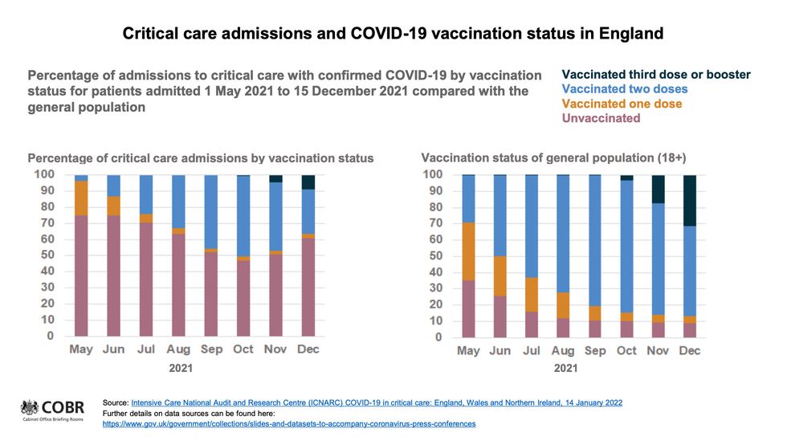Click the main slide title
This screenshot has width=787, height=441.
(x=393, y=34)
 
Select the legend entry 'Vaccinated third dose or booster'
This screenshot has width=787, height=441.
(x=656, y=75)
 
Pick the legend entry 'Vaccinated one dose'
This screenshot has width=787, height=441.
(x=622, y=104)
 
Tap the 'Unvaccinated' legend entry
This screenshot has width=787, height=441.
(x=601, y=118)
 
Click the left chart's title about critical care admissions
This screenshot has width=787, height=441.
(x=201, y=158)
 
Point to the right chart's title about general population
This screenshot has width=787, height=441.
(x=554, y=157)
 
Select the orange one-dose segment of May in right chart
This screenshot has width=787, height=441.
(x=469, y=251)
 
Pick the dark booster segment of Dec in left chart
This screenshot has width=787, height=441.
(x=308, y=182)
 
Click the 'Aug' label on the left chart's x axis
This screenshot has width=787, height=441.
(x=178, y=349)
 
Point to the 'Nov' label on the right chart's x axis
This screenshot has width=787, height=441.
(x=658, y=351)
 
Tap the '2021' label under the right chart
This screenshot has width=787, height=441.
(x=565, y=369)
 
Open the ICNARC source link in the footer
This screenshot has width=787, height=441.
(x=377, y=402)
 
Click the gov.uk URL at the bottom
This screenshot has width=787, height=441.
(x=289, y=423)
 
